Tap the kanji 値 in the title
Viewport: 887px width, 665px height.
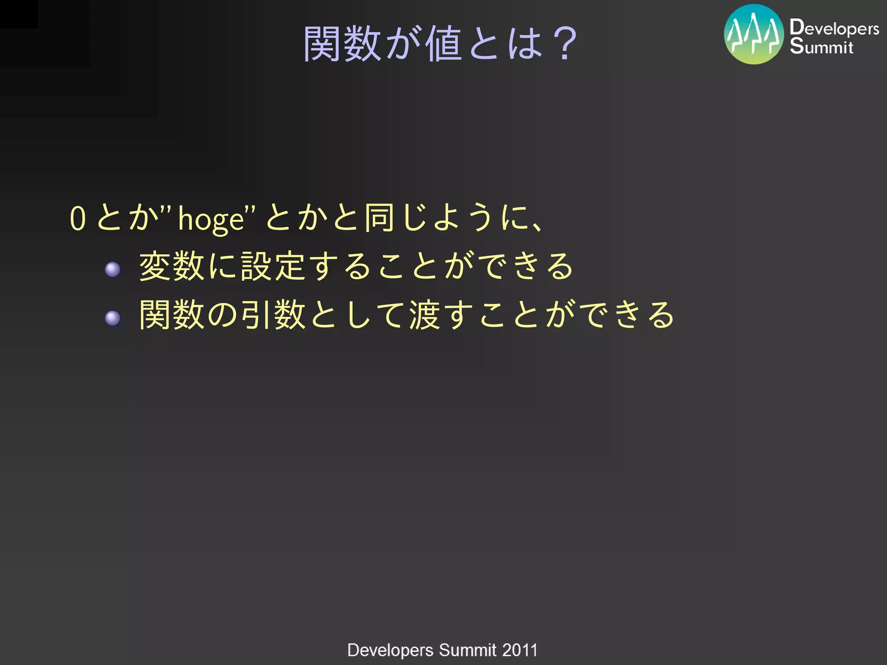[443, 43]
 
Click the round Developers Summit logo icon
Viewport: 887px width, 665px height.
[754, 35]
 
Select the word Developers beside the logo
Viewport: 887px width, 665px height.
[834, 28]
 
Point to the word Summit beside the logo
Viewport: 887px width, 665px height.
[822, 46]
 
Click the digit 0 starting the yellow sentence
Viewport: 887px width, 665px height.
[78, 218]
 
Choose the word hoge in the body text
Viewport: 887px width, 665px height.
[211, 219]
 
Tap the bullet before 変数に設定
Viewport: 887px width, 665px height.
[113, 270]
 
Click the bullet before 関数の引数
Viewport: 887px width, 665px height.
[113, 318]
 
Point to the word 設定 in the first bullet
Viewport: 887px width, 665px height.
[274, 266]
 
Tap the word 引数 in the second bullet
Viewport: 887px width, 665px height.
[274, 315]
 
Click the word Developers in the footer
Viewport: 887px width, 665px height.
[390, 650]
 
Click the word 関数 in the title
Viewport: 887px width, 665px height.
[342, 43]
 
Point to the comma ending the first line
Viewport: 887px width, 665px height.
[537, 226]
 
